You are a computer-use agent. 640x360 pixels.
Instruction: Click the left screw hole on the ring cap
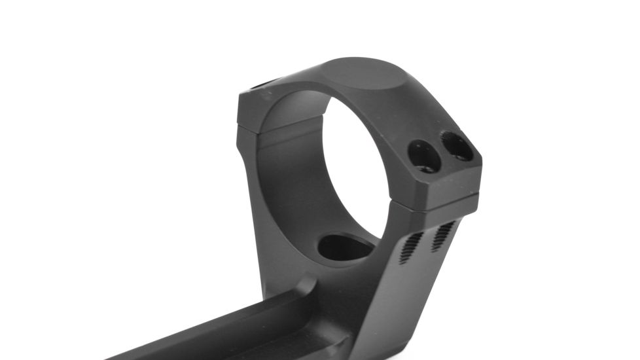[423, 156]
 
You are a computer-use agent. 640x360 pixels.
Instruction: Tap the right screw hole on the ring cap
[456, 146]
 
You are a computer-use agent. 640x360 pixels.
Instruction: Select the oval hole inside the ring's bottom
[345, 247]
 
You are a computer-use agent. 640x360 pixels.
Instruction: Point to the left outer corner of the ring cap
[241, 105]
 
